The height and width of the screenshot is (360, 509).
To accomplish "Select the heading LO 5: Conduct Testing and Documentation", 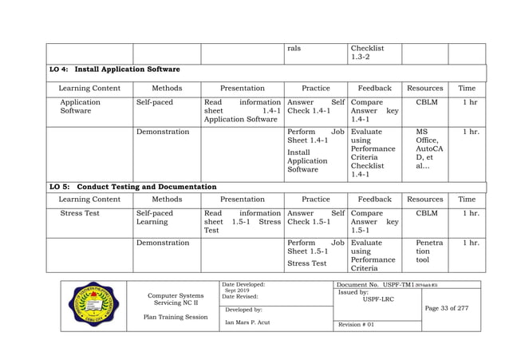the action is pos(132,187).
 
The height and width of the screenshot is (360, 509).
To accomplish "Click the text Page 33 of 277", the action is pos(451,309).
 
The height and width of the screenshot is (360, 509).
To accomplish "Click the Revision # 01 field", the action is pos(357,325).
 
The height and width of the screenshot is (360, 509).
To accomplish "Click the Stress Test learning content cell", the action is pos(80,213).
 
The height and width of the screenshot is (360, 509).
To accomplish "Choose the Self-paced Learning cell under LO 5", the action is pos(154,218).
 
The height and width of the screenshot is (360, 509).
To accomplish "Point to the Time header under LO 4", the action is pos(467,88).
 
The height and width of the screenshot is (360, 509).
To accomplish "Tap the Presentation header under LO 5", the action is pos(242,199).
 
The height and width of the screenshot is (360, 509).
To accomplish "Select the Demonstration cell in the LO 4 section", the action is pos(163,132).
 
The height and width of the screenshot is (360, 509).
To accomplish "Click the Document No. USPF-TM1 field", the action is pos(393,285).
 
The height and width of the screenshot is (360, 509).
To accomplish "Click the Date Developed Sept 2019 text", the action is pos(243,287).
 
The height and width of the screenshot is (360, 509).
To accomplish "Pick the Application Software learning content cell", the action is pos(80,107).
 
